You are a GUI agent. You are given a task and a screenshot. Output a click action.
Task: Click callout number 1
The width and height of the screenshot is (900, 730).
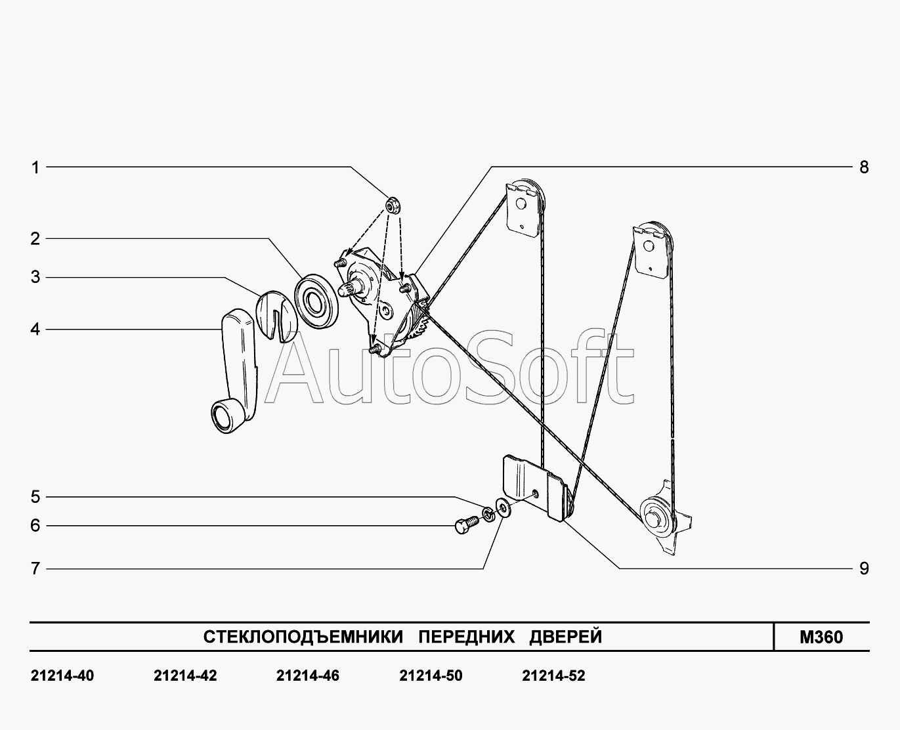coord(35,167)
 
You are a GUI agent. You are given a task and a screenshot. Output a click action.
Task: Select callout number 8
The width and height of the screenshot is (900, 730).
coord(864,167)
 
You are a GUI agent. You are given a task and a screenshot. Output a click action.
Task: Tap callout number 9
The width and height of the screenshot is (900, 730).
coord(864,569)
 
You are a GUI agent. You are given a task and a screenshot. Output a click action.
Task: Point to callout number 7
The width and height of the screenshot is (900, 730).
coord(35,569)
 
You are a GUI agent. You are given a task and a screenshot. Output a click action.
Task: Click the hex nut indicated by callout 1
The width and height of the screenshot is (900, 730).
coord(393,205)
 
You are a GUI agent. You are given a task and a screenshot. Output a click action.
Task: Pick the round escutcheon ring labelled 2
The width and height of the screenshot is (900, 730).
coord(317,301)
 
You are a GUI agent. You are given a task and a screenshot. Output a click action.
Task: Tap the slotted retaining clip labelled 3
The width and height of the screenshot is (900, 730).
coord(277,315)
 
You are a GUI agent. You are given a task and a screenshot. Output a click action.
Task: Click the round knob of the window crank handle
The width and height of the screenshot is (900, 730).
coord(223,416)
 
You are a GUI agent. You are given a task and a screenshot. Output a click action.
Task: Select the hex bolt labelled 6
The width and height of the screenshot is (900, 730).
coord(467,525)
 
